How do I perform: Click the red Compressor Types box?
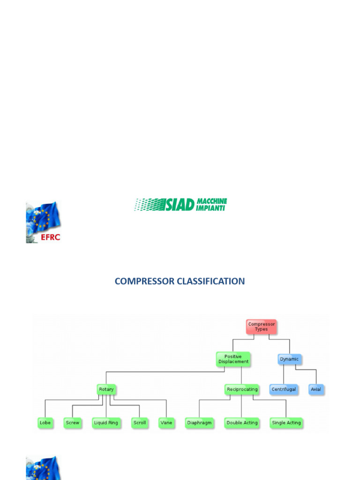pos(262,327)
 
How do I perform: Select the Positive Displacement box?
pos(233,360)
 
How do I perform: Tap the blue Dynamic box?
pos(289,360)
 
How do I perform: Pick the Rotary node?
pos(106,389)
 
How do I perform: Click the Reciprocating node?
pos(242,389)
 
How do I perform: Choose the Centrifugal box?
pos(284,390)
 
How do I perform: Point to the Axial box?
pos(316,390)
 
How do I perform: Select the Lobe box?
pos(45,422)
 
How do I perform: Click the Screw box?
pos(73,422)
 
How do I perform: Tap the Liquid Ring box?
pos(106,422)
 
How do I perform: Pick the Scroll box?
pos(140,422)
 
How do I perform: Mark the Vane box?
pos(166,422)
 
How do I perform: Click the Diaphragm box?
pos(199,422)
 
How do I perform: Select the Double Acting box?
pos(242,422)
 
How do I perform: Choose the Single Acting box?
pos(286,422)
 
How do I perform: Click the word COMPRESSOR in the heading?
pos(144,281)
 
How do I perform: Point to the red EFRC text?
pos(50,237)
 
